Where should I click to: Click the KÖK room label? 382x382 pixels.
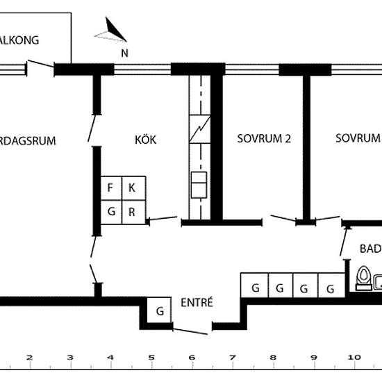click(x=145, y=140)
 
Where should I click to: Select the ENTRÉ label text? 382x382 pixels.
click(x=197, y=303)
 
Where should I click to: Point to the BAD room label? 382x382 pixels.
click(x=369, y=249)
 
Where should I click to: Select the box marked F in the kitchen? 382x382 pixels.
click(x=110, y=188)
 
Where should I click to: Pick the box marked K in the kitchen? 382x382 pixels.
click(x=133, y=188)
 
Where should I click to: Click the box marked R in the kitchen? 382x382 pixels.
click(x=133, y=212)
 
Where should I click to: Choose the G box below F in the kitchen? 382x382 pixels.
click(x=110, y=212)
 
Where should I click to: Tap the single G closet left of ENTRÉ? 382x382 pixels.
click(x=160, y=310)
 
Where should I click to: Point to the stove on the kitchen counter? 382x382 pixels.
click(x=199, y=186)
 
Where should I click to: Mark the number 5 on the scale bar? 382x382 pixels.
click(x=151, y=358)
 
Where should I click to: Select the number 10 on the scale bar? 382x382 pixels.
click(x=354, y=358)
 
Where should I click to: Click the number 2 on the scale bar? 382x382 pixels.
click(x=29, y=358)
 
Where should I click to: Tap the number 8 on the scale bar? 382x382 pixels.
click(x=273, y=358)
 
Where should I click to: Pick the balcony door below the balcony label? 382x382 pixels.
click(x=40, y=67)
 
